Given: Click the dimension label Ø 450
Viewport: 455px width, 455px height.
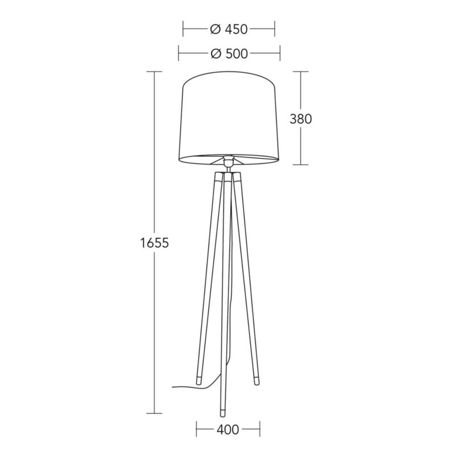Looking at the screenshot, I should coord(229,28).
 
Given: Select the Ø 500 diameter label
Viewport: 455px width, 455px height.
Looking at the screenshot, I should coord(229,54).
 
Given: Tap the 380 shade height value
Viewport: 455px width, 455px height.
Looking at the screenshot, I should coord(301,119).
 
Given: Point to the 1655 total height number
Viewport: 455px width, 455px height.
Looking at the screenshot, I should coord(154,243).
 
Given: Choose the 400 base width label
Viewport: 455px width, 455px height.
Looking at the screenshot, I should coord(228,429).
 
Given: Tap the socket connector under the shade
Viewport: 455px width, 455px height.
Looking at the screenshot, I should coord(229,163).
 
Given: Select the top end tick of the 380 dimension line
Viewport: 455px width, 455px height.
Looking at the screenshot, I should coord(301,72).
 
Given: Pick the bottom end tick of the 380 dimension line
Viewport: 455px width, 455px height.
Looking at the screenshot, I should coord(301,165).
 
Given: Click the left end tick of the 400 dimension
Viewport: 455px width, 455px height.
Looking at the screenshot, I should coord(196,429).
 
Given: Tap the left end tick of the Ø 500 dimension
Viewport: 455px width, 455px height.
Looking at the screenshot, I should coord(179,54).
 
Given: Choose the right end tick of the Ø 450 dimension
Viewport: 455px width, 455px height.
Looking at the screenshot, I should coord(275,28).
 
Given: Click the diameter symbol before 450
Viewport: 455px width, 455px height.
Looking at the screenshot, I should coord(214,28).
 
